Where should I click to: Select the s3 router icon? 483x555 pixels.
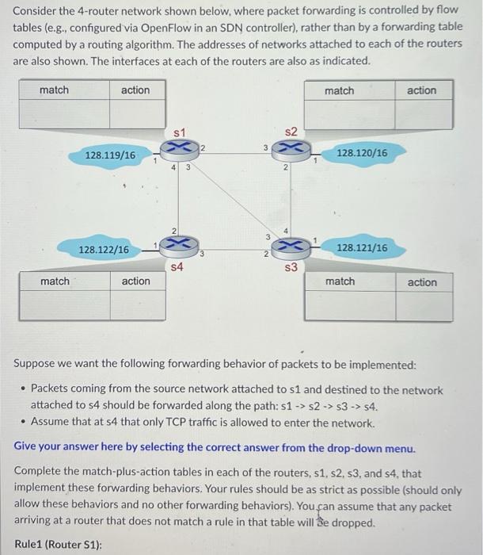coord(291,246)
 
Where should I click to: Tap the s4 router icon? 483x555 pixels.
coord(177,246)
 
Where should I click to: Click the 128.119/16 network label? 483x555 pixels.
coord(110,155)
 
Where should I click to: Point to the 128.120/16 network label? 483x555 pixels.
coord(362,151)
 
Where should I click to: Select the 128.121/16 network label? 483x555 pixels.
coord(362,248)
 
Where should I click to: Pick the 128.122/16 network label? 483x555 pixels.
coord(104,250)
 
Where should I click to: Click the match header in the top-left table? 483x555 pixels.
coord(54,90)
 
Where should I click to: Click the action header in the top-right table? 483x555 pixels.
coord(421,90)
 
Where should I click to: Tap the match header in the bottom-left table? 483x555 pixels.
coord(55,281)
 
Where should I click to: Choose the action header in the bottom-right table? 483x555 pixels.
coord(421,282)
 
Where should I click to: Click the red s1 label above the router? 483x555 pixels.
coord(180,130)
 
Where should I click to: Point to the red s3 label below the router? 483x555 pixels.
coord(291,267)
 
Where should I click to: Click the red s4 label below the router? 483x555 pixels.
coord(177,268)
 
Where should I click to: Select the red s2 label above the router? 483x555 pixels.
coord(291,130)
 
